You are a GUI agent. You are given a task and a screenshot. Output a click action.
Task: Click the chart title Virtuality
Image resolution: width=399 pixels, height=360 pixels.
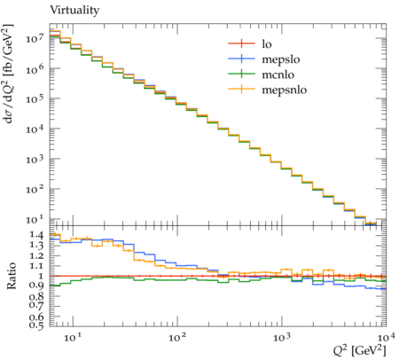coord(74,10)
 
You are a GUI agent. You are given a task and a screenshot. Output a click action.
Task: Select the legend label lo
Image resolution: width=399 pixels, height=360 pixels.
coord(267,44)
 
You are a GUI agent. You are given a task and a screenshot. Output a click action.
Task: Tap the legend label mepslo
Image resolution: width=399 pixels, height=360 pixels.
coord(281,59)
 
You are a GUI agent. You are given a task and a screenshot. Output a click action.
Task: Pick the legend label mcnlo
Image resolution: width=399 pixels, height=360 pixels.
coord(278,74)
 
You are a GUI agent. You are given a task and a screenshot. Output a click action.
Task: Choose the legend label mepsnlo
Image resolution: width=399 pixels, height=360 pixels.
coord(285,90)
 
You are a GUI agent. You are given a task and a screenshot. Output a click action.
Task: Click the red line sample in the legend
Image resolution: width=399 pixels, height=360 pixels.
coord(241,43)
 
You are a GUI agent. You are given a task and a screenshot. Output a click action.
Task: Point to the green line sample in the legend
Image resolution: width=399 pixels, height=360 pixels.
coord(241,74)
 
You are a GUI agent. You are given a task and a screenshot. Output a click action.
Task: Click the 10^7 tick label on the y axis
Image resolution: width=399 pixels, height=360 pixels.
coord(35,38)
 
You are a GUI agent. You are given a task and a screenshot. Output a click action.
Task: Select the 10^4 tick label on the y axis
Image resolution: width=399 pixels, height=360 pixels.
coord(35,129)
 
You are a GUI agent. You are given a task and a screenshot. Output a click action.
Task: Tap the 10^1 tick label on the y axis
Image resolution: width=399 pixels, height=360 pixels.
coord(35,219)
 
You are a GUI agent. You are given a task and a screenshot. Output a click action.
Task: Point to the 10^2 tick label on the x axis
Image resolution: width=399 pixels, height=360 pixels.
coord(177,337)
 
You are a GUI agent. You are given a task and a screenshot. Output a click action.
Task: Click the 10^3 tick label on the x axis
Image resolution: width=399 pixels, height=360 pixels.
coord(282,337)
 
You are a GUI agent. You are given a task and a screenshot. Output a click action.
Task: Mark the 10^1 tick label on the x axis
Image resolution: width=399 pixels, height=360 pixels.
coord(73,337)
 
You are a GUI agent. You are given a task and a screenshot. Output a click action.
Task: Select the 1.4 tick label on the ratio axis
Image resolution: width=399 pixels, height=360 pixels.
coord(36,235)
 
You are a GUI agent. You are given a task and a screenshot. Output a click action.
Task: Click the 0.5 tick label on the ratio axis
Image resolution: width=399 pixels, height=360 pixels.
coord(36,325)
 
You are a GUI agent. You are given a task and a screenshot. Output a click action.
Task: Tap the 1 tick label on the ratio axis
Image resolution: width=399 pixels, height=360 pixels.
coord(40,276)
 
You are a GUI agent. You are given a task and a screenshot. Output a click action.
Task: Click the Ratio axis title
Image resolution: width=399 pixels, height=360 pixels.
coord(12,276)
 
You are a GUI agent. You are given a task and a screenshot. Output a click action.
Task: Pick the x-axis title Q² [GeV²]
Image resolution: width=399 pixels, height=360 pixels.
coord(360,351)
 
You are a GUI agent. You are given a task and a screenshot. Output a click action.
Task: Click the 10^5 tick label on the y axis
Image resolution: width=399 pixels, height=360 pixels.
coord(35,98)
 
